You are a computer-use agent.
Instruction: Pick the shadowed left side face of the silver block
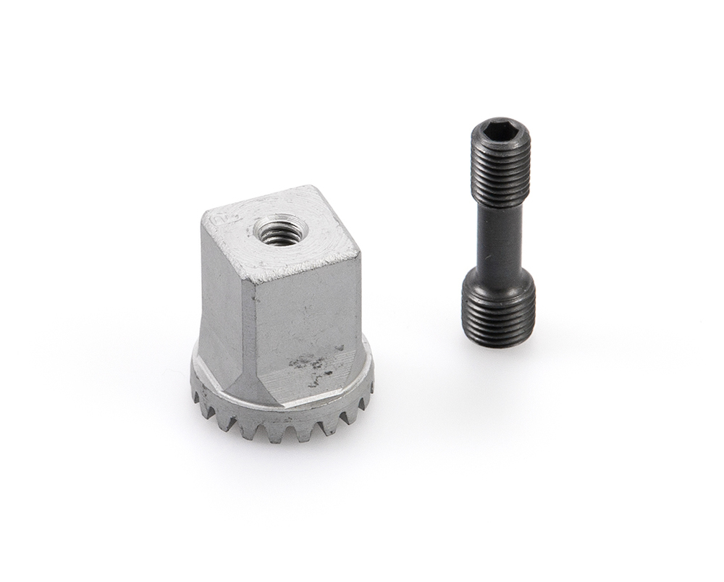point(220,304)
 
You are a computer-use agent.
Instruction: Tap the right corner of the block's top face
point(358,253)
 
